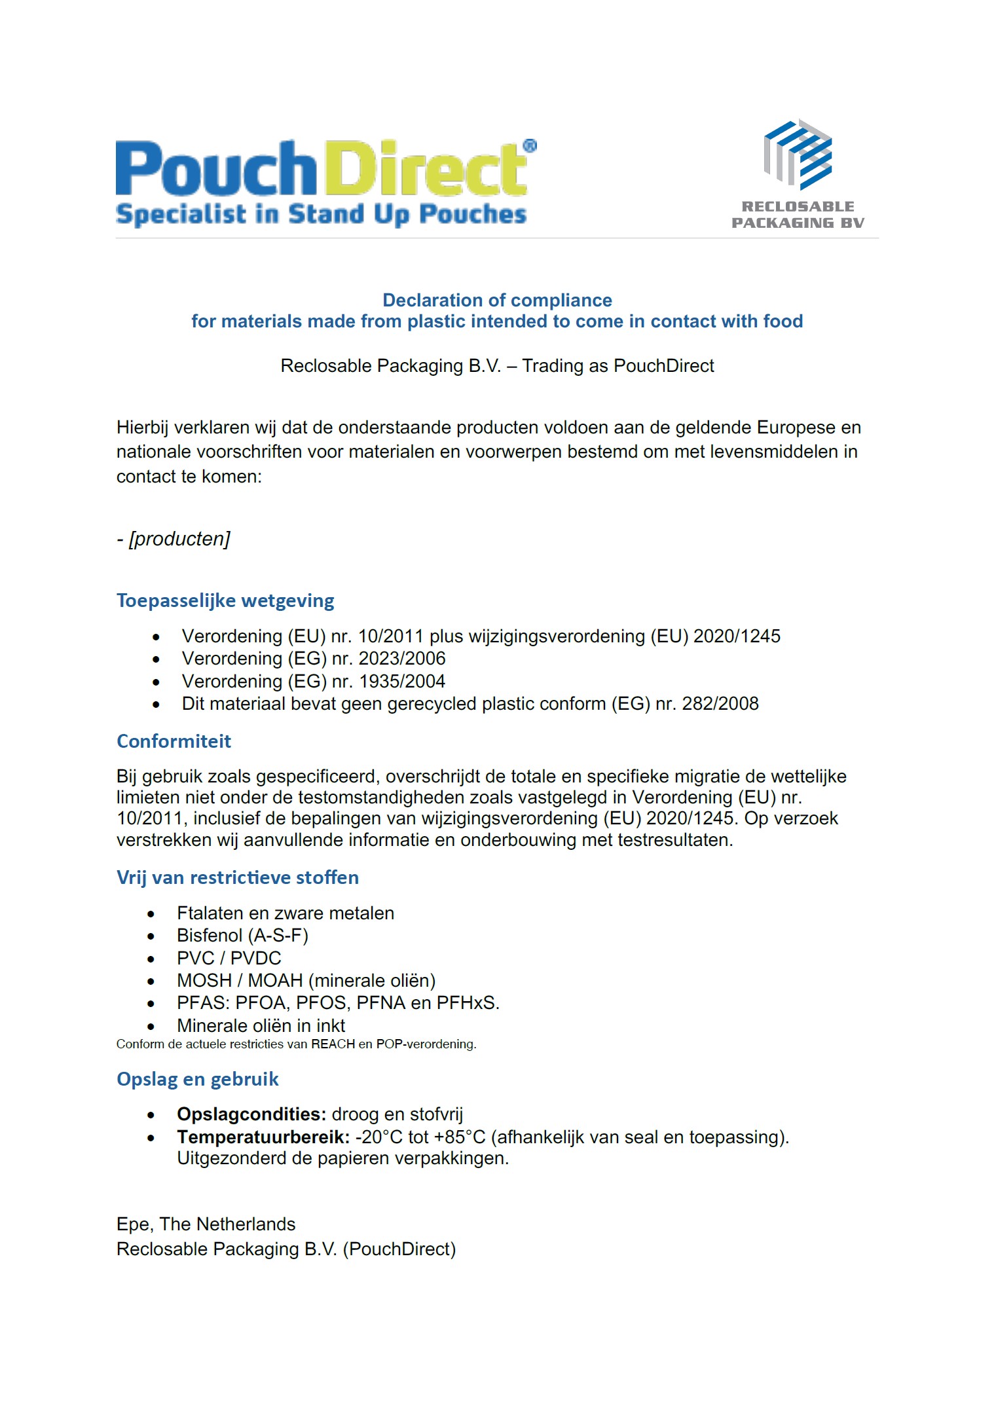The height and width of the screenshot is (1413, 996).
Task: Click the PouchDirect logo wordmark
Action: click(321, 168)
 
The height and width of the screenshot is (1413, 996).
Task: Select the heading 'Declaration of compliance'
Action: click(497, 300)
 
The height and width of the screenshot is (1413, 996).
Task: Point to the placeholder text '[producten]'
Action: click(179, 539)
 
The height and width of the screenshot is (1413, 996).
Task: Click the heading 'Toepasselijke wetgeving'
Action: click(225, 600)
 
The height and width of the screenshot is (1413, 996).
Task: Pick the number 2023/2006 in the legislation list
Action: click(402, 658)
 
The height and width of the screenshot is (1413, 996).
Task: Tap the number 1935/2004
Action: click(402, 681)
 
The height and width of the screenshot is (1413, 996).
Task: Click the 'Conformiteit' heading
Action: click(174, 741)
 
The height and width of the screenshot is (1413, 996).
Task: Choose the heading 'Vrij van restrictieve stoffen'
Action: click(237, 877)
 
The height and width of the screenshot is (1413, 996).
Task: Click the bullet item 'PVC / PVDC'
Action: click(229, 958)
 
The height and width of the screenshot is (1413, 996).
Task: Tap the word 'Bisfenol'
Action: click(210, 935)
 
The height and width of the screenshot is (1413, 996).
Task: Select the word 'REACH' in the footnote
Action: click(333, 1044)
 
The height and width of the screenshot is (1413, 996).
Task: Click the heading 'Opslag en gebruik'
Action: click(197, 1079)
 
